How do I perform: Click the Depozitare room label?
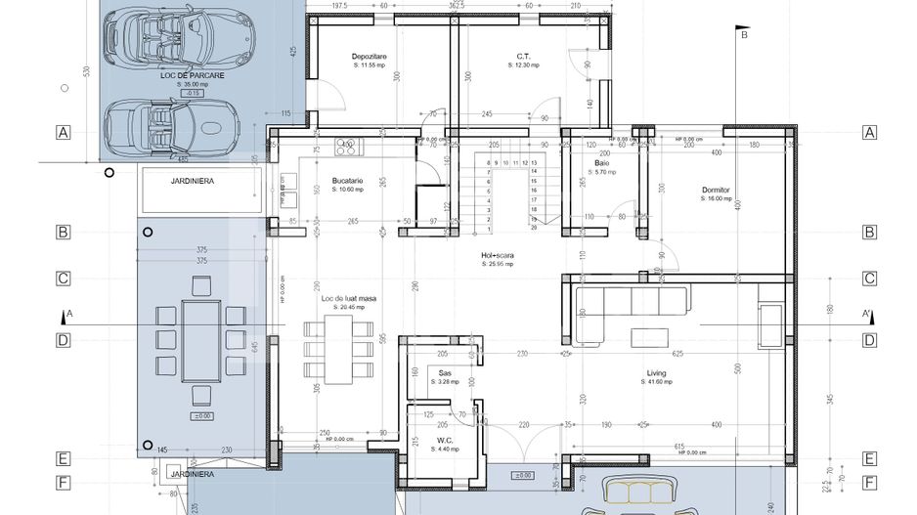coord(370,57)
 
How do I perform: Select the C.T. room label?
coord(523,57)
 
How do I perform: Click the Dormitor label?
coord(716,190)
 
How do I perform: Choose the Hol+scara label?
coord(497,256)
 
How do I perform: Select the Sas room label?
coord(445,373)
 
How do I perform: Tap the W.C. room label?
coord(445,440)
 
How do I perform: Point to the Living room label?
coord(655,373)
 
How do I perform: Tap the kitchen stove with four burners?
coord(348,147)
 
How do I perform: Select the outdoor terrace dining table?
coord(201,340)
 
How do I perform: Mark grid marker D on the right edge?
coord(868,340)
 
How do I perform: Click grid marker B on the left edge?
coord(63,233)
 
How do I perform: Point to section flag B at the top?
coord(741,35)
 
